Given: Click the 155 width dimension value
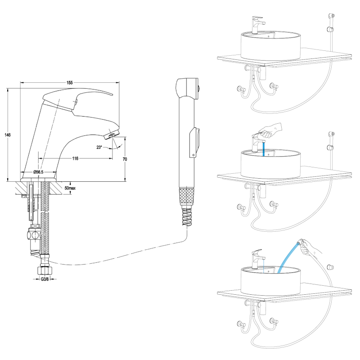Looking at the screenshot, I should tap(70, 82).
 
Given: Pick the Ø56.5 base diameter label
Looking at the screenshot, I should tap(38, 172).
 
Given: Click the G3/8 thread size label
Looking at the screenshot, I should tap(45, 279).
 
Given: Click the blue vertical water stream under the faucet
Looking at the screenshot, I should tap(263, 149).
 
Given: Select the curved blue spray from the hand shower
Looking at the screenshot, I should tap(286, 256).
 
